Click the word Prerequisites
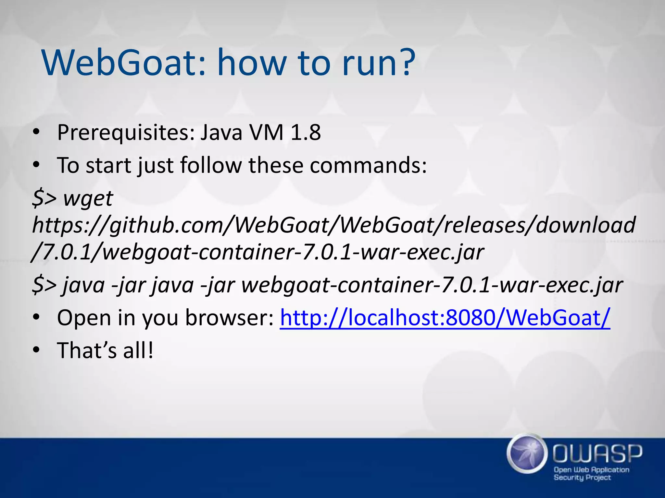point(125,133)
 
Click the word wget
point(88,198)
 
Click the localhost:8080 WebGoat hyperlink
point(445,318)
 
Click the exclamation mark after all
point(150,350)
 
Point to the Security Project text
point(582,478)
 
